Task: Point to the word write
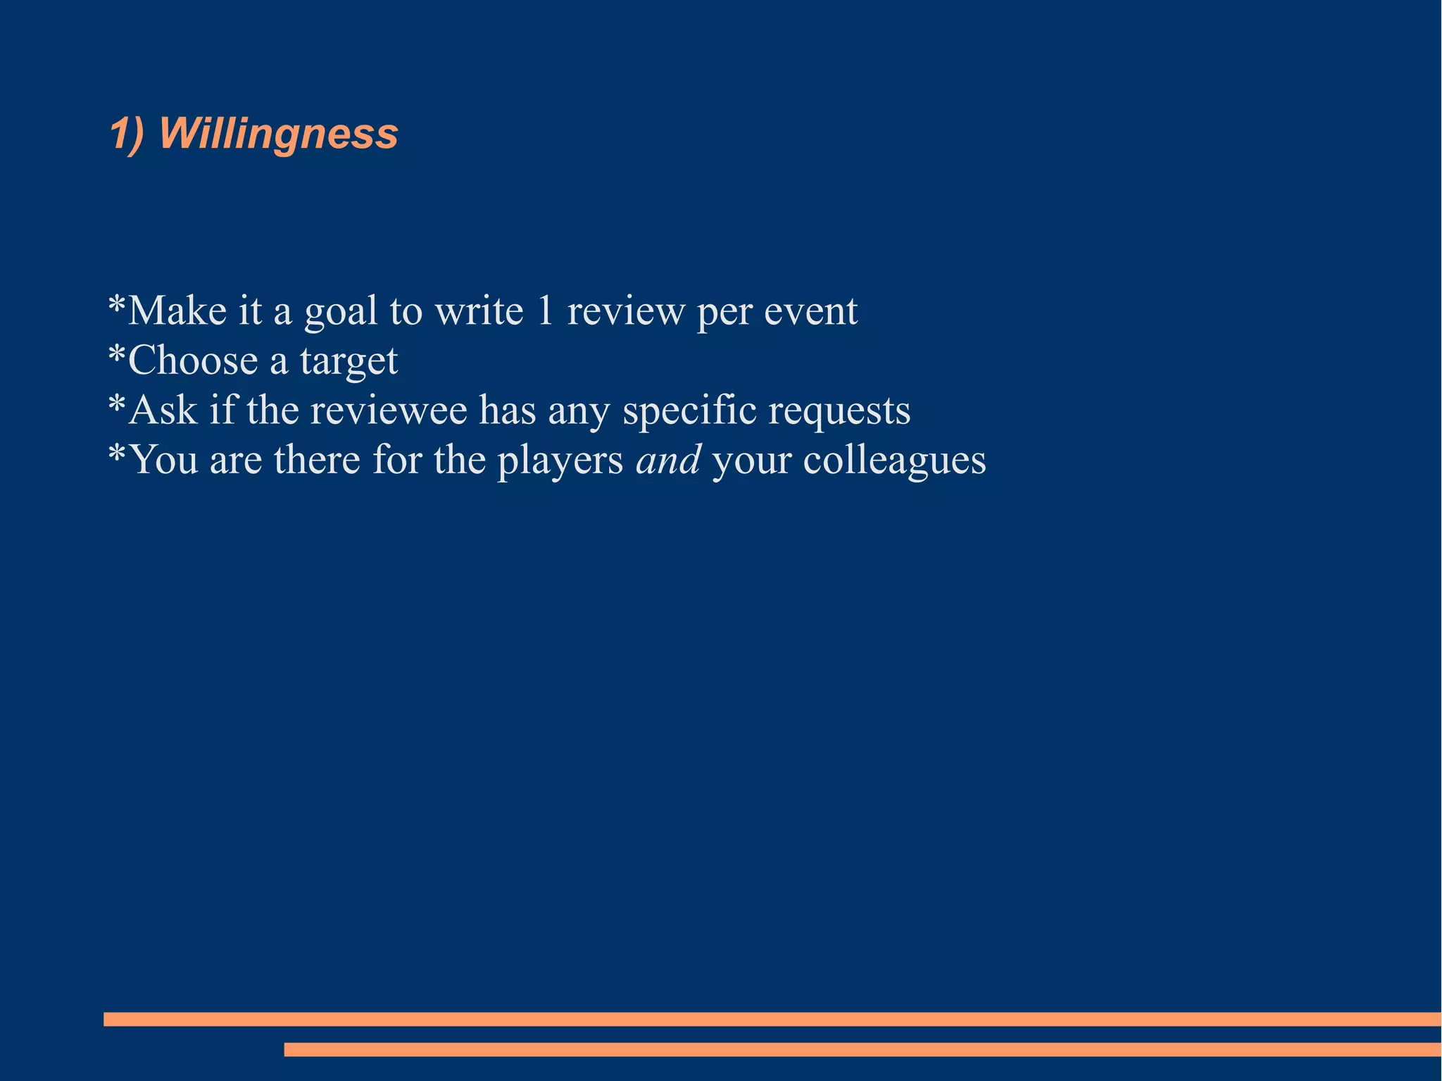point(479,311)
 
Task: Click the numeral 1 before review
point(545,311)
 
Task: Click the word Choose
point(192,361)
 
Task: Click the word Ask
point(163,410)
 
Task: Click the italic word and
point(668,459)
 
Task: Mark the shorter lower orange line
point(862,1049)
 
